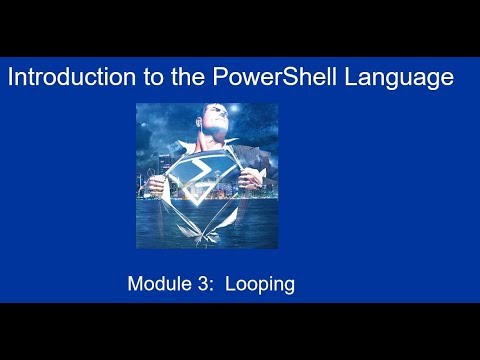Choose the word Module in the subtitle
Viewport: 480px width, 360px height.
(x=158, y=285)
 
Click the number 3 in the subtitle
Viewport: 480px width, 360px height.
(x=199, y=285)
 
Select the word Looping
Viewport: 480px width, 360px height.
(x=259, y=285)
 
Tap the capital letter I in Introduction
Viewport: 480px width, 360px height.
(x=11, y=78)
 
